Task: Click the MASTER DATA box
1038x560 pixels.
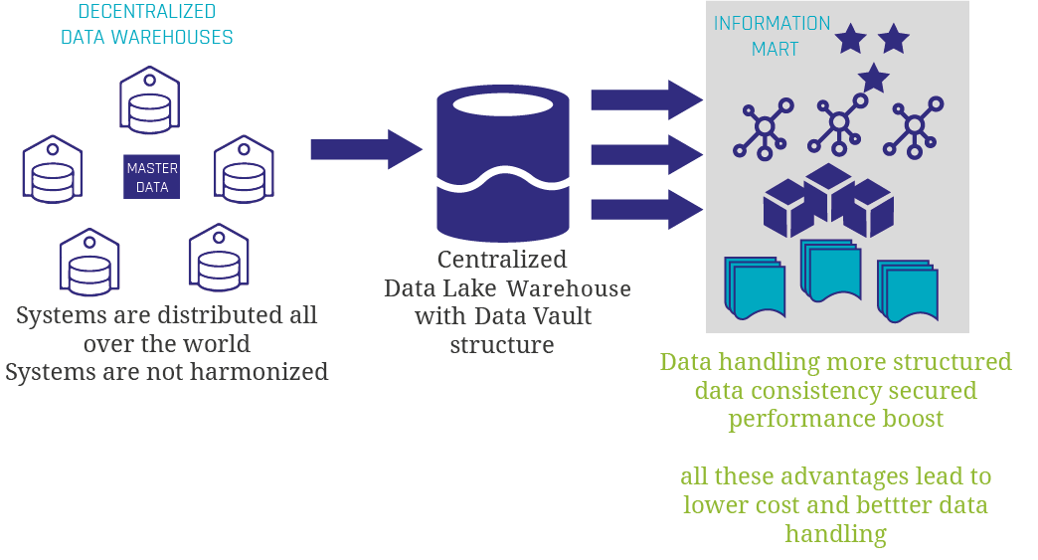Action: pyautogui.click(x=151, y=177)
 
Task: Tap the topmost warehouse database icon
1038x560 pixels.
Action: pyautogui.click(x=149, y=100)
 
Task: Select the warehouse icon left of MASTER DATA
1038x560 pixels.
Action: pyautogui.click(x=53, y=168)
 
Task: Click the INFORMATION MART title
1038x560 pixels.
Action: pyautogui.click(x=772, y=36)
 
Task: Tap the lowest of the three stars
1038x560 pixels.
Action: pyautogui.click(x=873, y=78)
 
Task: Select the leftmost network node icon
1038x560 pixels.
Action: pyautogui.click(x=764, y=128)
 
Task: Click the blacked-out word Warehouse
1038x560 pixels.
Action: pyautogui.click(x=564, y=288)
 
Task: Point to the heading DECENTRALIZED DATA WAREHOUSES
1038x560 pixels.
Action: pyautogui.click(x=147, y=26)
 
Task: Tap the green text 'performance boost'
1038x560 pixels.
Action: pyautogui.click(x=835, y=418)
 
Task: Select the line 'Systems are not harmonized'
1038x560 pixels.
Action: pyautogui.click(x=166, y=372)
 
